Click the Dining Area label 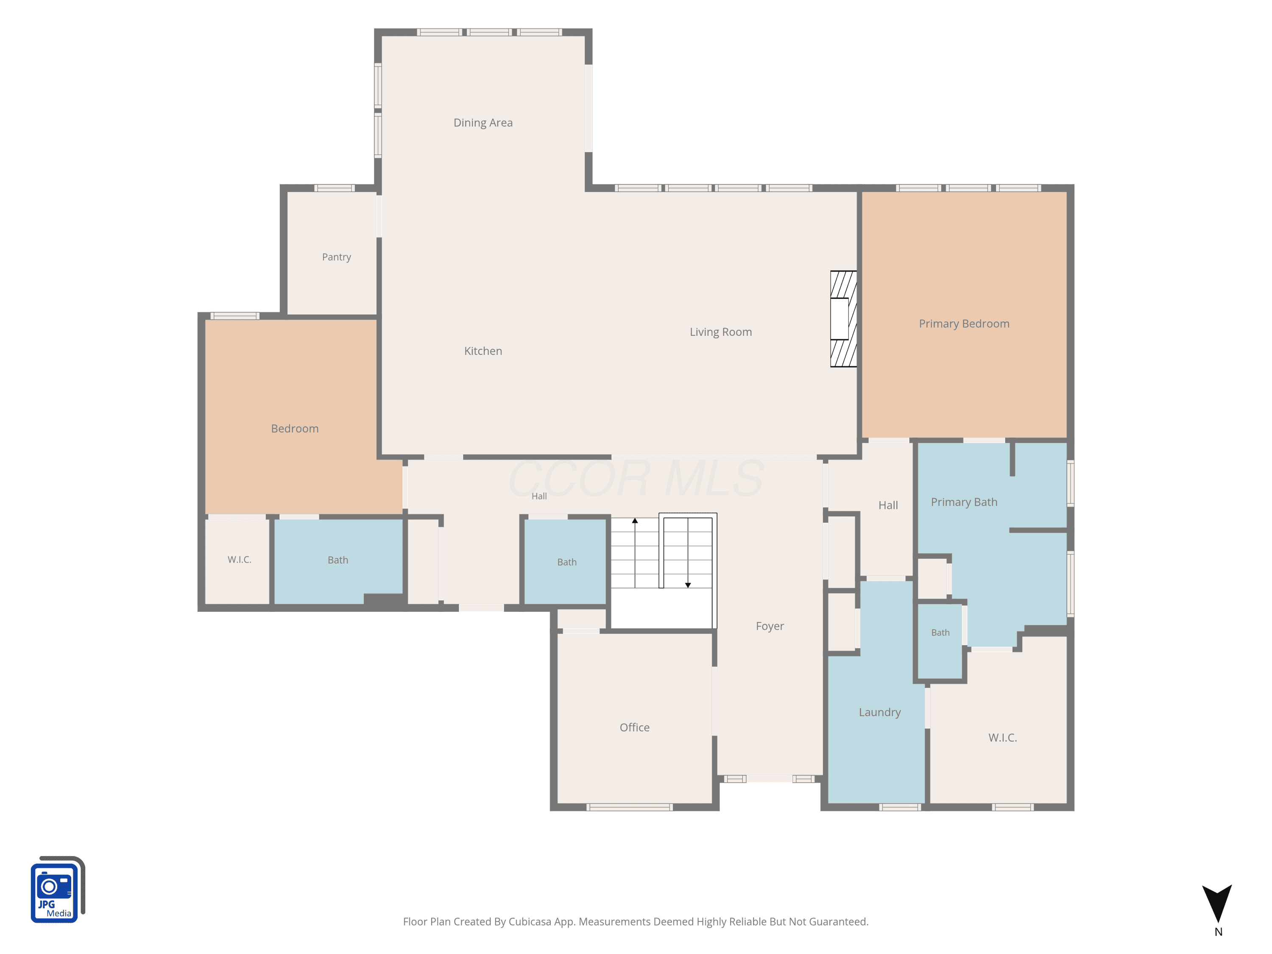(x=483, y=123)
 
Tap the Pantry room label (x=336, y=257)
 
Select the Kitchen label (x=483, y=351)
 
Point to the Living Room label (x=720, y=332)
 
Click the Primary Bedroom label (x=964, y=324)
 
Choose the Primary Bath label (x=964, y=502)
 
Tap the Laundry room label (x=880, y=712)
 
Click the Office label (x=634, y=728)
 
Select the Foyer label (x=770, y=626)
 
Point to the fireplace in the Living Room (x=843, y=318)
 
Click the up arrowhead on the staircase (x=635, y=520)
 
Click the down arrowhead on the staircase (x=688, y=586)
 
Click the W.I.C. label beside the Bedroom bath (x=239, y=560)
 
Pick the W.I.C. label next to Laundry (x=1002, y=738)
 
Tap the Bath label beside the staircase (x=566, y=562)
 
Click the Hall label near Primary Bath (x=888, y=505)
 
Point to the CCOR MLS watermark (x=636, y=478)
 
